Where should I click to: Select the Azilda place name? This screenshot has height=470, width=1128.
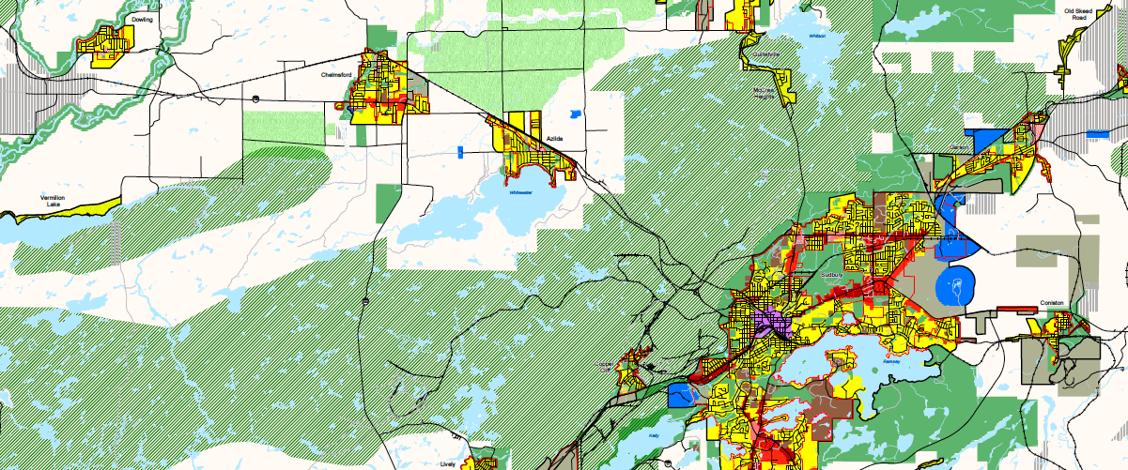tap(555, 138)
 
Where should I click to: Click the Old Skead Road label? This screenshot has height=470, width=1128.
tap(1076, 14)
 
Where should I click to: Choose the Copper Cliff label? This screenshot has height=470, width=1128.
tap(606, 367)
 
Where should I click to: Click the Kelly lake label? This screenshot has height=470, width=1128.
tap(655, 436)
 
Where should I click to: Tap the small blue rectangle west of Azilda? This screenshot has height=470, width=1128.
tap(460, 151)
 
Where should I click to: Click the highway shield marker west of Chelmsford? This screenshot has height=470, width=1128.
tap(255, 96)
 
